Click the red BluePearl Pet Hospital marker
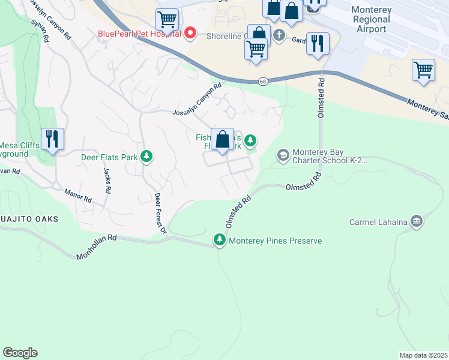click(190, 33)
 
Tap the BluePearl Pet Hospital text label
click(139, 34)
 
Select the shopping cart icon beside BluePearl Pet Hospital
click(167, 19)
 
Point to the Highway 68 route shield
click(263, 81)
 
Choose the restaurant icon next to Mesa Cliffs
click(52, 139)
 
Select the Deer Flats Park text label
click(110, 158)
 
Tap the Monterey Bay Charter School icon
click(283, 155)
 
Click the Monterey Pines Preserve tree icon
click(220, 241)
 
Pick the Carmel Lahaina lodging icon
click(416, 222)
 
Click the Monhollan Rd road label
click(96, 248)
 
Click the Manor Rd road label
click(79, 195)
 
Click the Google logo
click(20, 353)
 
